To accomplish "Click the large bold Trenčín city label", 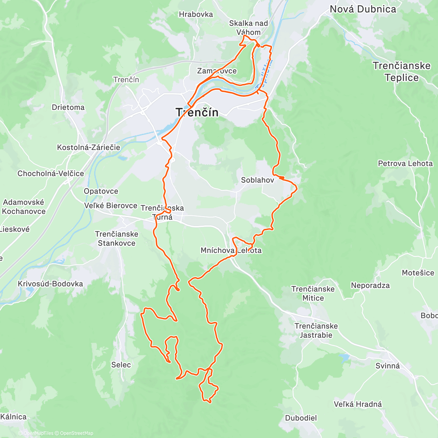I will coord(197,112).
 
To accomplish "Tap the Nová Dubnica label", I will coord(363,9).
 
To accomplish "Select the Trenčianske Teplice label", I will coord(401,72).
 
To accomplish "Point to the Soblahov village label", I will coord(257,180).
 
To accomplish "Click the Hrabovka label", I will coord(196,14).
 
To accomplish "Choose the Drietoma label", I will coord(68,107).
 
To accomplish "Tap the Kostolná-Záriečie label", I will coord(88,147).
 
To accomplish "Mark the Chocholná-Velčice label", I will coord(51,173).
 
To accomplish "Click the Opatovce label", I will coord(101,191).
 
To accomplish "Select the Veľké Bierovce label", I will coord(111,205).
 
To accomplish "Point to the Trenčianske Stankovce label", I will coord(116,239).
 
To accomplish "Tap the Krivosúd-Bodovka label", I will coord(50,284).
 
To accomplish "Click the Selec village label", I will coord(121,365).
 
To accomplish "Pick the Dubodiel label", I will coord(301,418).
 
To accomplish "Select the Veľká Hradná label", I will coord(358,404).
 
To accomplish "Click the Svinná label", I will coord(388,366).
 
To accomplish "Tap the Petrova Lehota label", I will coord(405,164).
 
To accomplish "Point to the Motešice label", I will coord(418,273).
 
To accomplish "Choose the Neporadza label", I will coord(370,285).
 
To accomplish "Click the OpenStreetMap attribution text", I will coord(76,433).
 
